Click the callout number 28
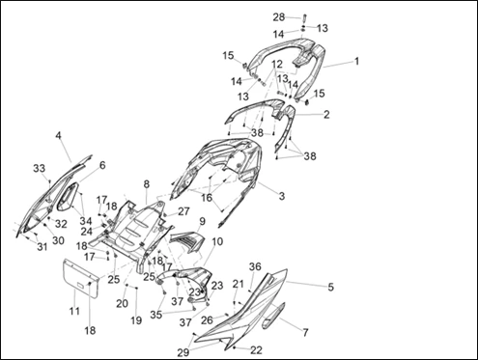click(x=279, y=17)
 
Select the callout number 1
click(x=356, y=61)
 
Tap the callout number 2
click(x=326, y=114)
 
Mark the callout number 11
click(x=74, y=311)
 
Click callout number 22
click(x=256, y=349)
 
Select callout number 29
click(x=183, y=352)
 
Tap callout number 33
click(x=40, y=168)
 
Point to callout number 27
click(x=183, y=211)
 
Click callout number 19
click(x=136, y=320)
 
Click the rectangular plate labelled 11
click(x=80, y=279)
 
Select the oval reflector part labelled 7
click(x=273, y=316)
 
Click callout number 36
click(x=255, y=266)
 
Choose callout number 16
click(x=207, y=198)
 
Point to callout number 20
click(x=122, y=303)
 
